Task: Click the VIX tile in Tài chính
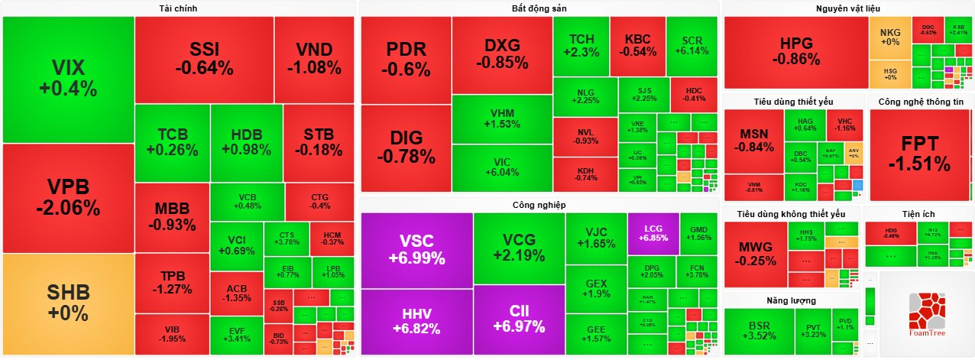click(68, 78)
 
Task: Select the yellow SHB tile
click(68, 303)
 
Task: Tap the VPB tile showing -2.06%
click(68, 197)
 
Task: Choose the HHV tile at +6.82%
click(416, 322)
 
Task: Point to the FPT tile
click(919, 153)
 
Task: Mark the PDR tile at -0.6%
click(406, 59)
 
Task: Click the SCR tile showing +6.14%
click(692, 45)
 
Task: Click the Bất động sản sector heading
click(539, 8)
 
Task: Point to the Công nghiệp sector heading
click(539, 205)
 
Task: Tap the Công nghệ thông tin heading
click(919, 102)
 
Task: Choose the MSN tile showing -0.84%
click(753, 141)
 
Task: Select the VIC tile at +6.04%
click(502, 167)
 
